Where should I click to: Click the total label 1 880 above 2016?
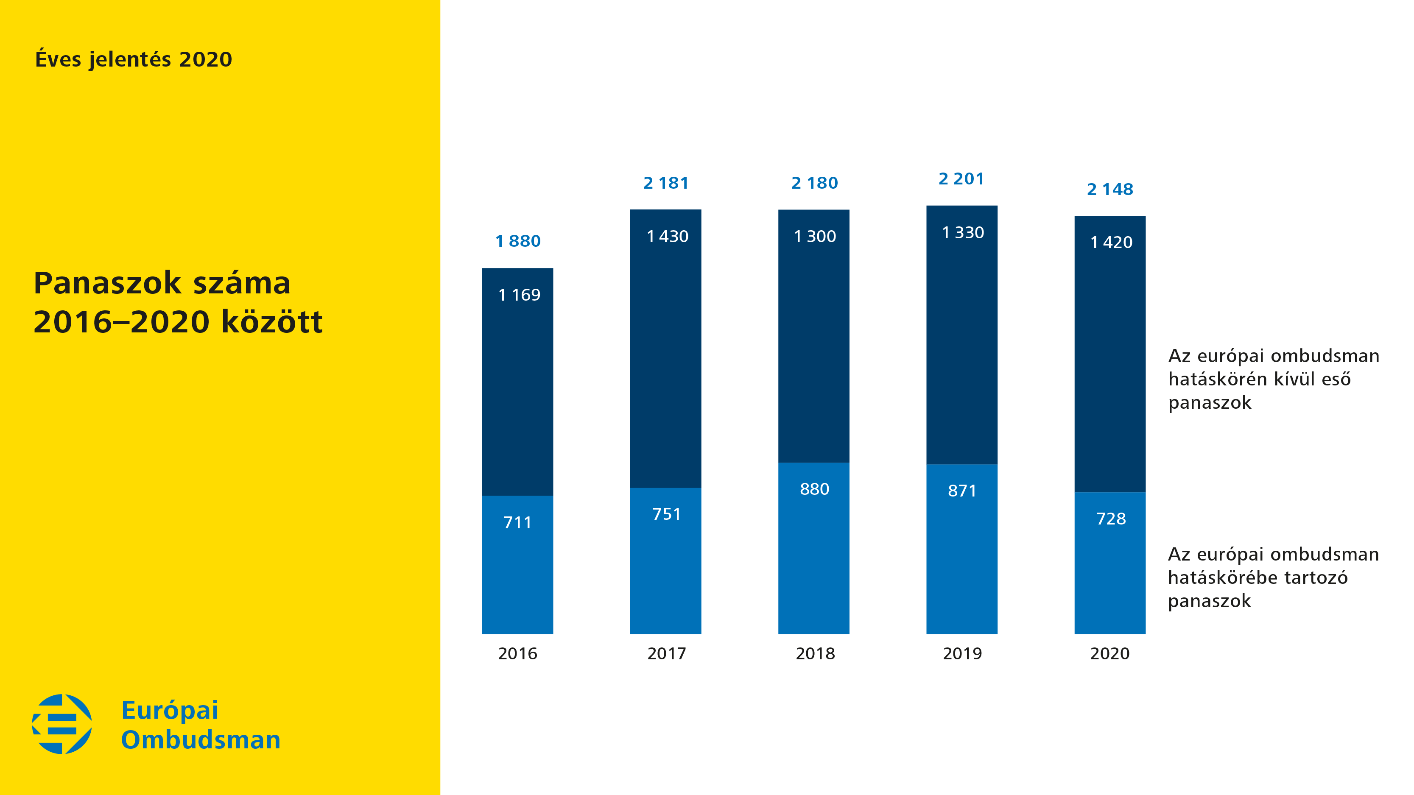click(517, 241)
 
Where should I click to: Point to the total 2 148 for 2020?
click(1110, 189)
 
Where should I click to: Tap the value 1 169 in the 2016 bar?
click(519, 295)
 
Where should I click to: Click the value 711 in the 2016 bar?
click(517, 522)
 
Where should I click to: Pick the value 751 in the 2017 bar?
click(666, 514)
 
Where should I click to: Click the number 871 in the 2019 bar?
click(962, 491)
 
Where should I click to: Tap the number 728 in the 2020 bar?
click(1110, 519)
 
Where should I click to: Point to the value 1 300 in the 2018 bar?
click(815, 237)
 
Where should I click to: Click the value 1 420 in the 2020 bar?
click(1111, 243)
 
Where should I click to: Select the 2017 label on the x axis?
click(666, 653)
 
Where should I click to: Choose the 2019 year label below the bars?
click(962, 653)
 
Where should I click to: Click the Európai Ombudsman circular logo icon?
click(62, 724)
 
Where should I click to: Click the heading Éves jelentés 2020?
click(134, 59)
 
